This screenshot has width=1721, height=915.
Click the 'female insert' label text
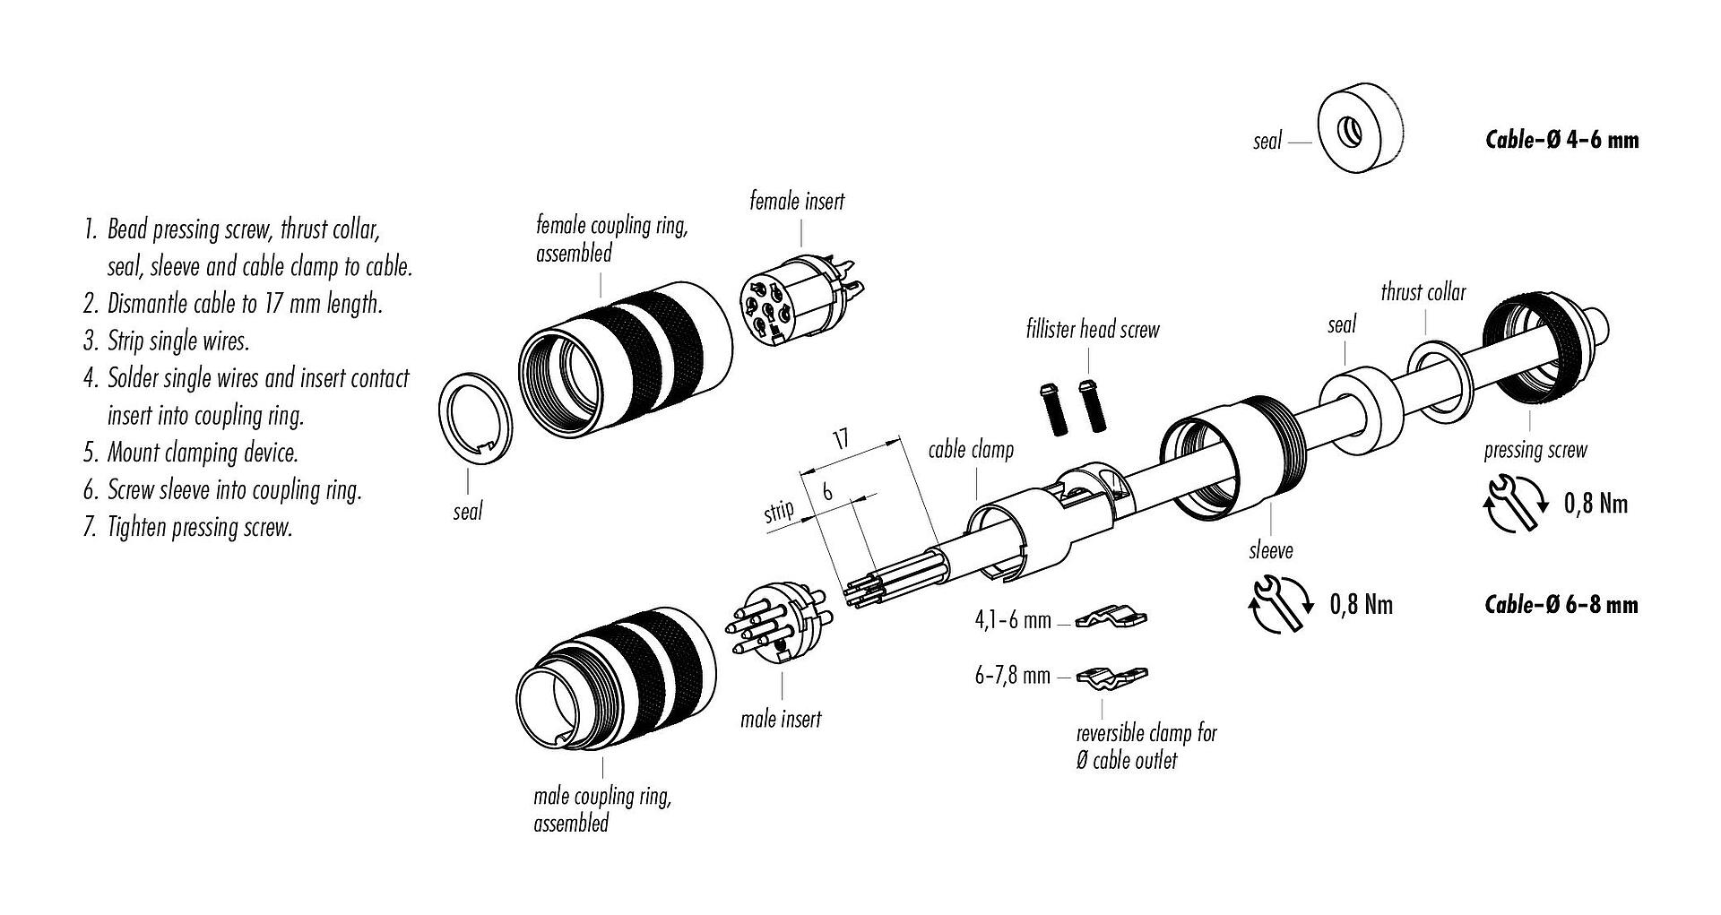[x=797, y=202]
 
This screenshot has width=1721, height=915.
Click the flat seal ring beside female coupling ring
[x=475, y=416]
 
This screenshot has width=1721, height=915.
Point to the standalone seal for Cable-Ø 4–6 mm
[x=1358, y=134]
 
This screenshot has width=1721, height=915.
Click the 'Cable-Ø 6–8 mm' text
[x=1561, y=605]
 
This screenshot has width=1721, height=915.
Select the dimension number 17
[x=840, y=439]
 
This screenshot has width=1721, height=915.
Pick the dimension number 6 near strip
[x=827, y=491]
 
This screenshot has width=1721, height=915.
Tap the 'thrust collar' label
[x=1423, y=292]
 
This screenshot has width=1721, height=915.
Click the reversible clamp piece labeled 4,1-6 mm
[x=1112, y=618]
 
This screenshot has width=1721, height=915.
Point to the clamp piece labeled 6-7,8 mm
[x=1112, y=678]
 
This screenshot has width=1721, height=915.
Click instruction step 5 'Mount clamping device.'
[x=203, y=453]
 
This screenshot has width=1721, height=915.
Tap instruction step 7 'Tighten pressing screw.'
[x=199, y=527]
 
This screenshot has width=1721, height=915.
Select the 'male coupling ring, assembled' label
[x=601, y=809]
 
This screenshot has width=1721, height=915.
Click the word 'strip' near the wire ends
[x=779, y=513]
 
